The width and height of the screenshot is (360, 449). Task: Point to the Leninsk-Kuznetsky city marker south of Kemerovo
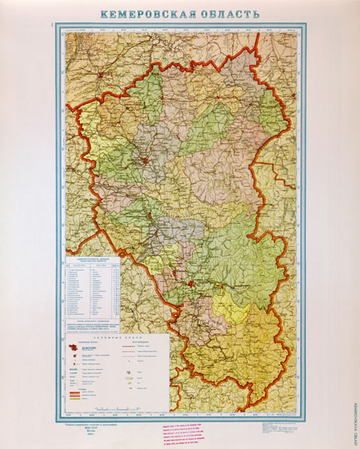coord(150,215)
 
